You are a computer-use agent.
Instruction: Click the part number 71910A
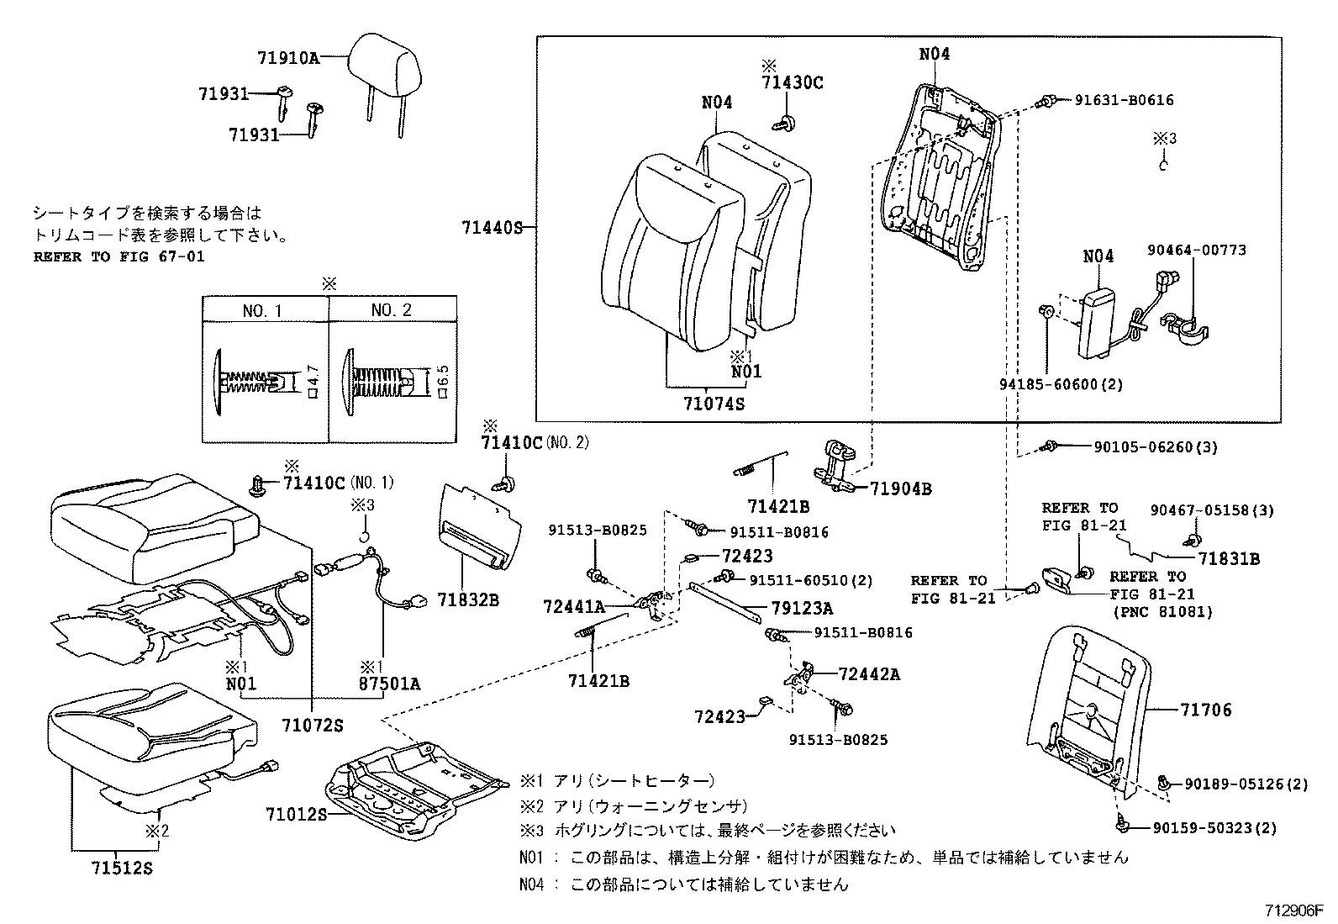point(289,58)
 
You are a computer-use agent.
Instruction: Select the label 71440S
point(492,227)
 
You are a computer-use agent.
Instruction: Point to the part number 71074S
point(714,404)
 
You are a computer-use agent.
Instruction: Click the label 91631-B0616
point(1124,100)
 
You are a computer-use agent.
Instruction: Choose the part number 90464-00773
point(1197,250)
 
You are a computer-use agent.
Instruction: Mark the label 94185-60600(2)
point(1061,384)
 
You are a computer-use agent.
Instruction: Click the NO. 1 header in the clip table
point(263,310)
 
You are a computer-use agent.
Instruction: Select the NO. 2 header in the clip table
point(391,310)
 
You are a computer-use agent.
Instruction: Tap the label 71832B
point(468,599)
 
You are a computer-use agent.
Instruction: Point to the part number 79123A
point(802,608)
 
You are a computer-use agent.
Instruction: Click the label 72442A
point(868,673)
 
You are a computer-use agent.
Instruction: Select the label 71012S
point(296,814)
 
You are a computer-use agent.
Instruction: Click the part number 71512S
point(123,869)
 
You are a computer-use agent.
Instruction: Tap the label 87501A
point(389,684)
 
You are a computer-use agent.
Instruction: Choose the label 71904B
point(900,488)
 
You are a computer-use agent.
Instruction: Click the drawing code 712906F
point(1294,911)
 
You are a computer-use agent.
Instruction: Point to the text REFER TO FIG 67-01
point(119,256)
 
